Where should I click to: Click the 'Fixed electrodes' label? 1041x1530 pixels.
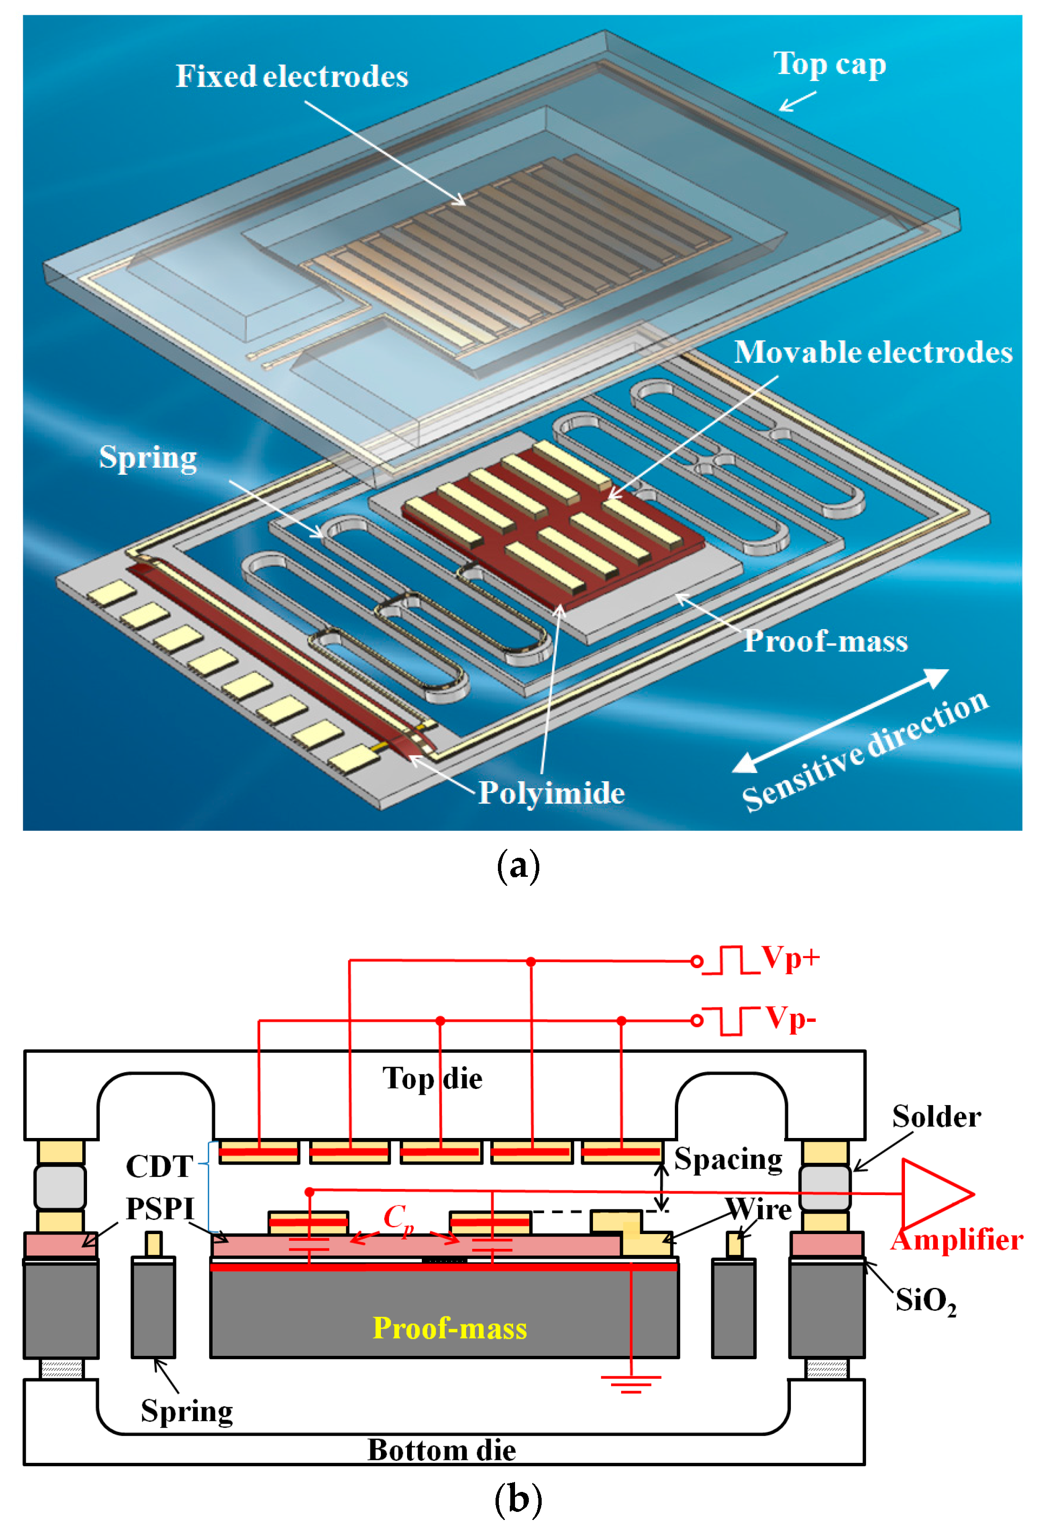coord(292,77)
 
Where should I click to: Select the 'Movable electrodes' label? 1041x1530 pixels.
coord(873,352)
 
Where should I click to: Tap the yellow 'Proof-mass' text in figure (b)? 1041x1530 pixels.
coord(449,1328)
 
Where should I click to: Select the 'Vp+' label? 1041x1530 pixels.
coord(790,958)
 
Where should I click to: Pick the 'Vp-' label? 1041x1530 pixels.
coord(790,1019)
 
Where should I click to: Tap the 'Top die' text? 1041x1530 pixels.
coord(432,1079)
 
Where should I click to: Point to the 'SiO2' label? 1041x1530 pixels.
coord(925,1301)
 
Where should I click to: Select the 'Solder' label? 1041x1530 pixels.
coord(936,1117)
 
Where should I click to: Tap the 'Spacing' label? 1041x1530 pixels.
coord(728,1159)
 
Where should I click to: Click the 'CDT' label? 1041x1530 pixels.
coord(159,1167)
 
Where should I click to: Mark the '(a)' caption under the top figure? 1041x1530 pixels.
coord(518,866)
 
